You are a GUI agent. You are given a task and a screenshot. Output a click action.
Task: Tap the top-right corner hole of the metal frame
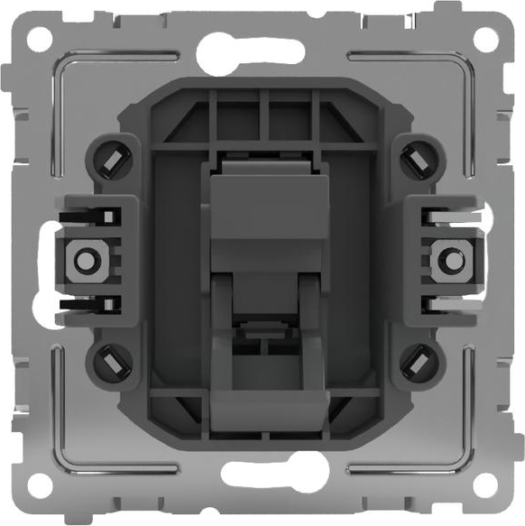coord(485,38)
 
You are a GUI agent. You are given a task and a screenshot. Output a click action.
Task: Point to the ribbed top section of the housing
coord(262,117)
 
